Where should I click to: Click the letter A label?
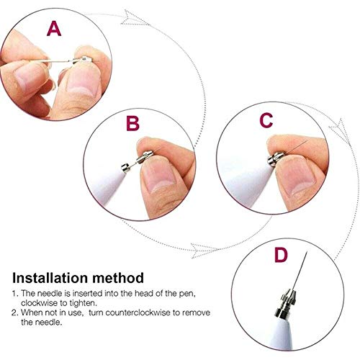(x=54, y=30)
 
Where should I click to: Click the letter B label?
(x=132, y=124)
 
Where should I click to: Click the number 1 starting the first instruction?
(x=14, y=294)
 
